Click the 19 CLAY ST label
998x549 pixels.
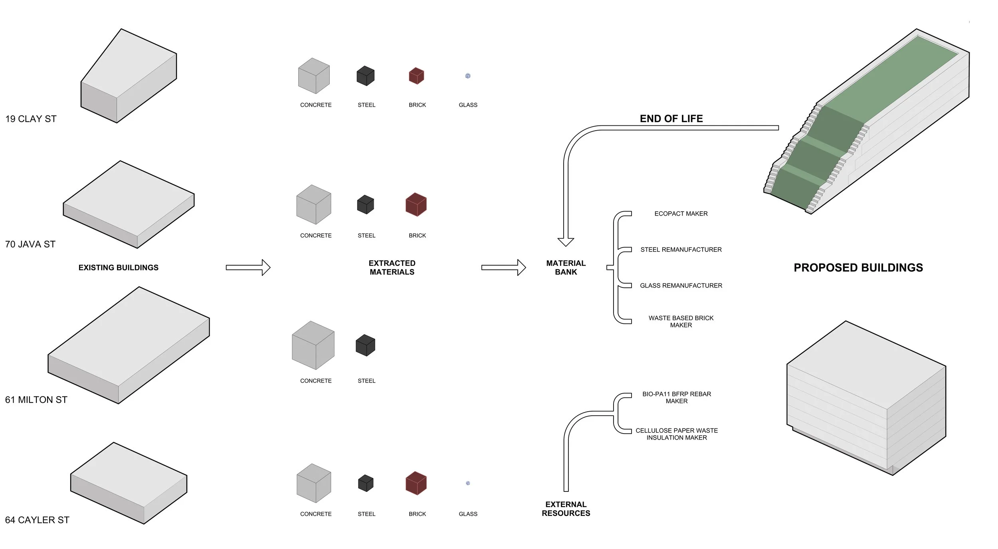31,119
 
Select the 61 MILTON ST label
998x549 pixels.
36,400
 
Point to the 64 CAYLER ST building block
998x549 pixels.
129,483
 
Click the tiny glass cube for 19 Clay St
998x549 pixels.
468,76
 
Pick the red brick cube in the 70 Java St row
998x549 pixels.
416,204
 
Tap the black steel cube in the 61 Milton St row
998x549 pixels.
365,345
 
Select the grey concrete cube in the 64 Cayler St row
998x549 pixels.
314,483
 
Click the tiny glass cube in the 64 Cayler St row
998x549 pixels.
468,483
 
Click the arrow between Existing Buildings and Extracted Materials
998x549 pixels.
248,268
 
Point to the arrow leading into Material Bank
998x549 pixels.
503,268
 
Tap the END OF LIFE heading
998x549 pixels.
671,119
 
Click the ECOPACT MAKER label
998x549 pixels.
681,214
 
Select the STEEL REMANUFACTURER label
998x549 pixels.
681,250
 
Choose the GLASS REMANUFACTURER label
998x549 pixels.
681,285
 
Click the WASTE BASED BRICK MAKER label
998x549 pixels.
681,321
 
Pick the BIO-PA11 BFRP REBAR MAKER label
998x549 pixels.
676,397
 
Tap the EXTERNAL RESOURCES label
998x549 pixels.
566,509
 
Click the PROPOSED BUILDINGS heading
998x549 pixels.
858,268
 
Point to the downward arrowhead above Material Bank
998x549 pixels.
566,242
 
